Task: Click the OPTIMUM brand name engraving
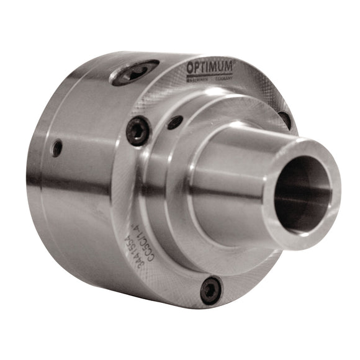click(209, 67)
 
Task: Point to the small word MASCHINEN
click(197, 79)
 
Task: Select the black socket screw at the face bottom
click(211, 289)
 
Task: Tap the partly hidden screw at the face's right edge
click(284, 119)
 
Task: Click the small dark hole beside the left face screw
click(175, 122)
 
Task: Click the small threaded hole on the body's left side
click(57, 148)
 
